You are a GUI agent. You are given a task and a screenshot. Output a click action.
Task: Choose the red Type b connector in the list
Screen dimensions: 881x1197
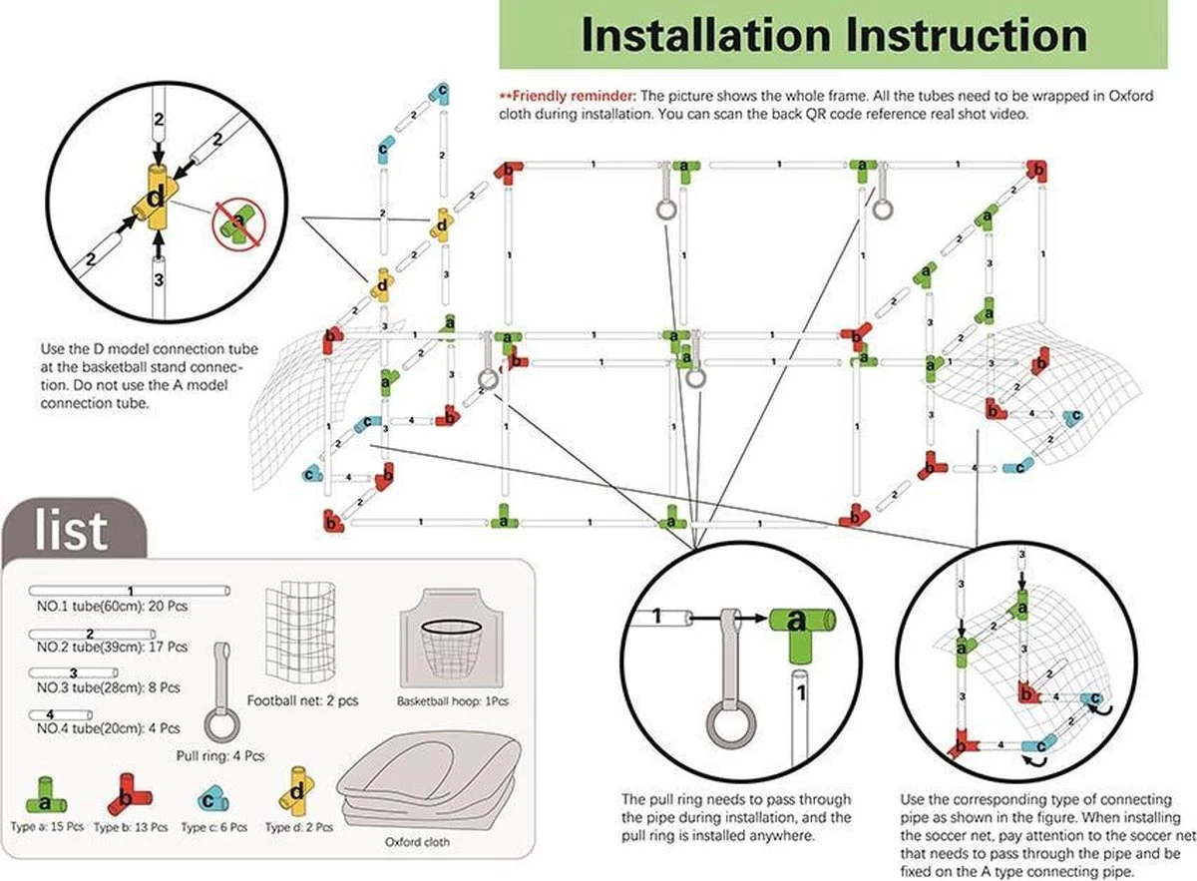tap(125, 793)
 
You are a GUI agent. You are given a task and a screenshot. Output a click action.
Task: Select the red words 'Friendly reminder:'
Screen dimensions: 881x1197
tap(568, 96)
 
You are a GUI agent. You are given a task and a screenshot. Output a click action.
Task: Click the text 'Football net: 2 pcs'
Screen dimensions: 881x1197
tap(302, 701)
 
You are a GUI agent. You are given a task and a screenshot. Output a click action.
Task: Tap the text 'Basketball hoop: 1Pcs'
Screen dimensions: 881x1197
tap(452, 701)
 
